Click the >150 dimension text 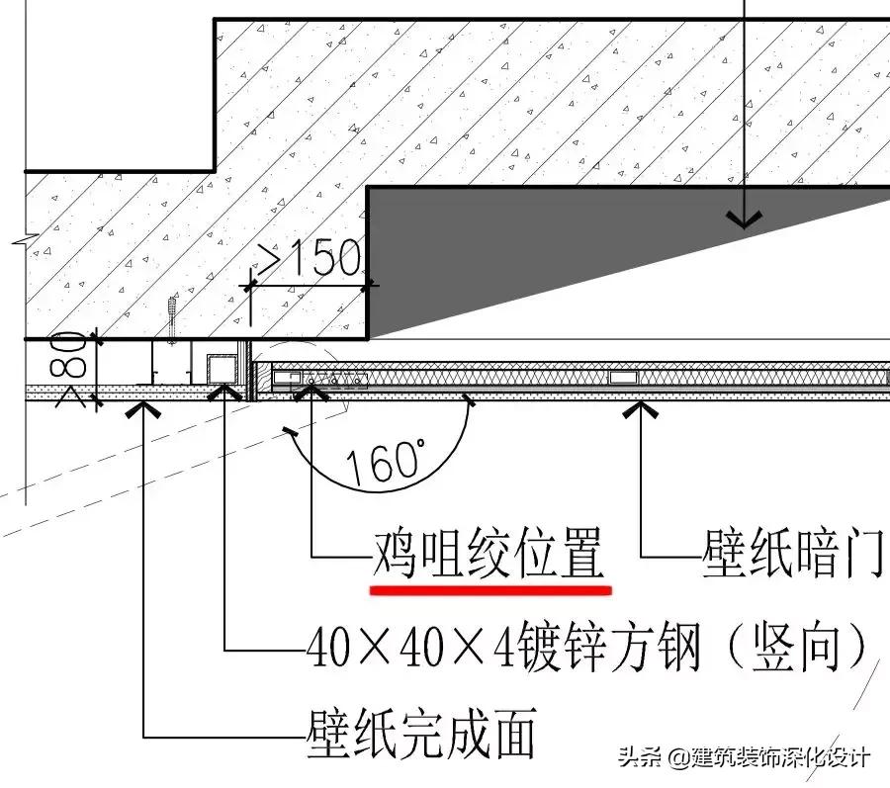[x=309, y=259]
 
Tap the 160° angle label [x=385, y=461]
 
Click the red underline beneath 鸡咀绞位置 [x=490, y=588]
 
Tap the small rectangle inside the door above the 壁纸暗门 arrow [x=623, y=377]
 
